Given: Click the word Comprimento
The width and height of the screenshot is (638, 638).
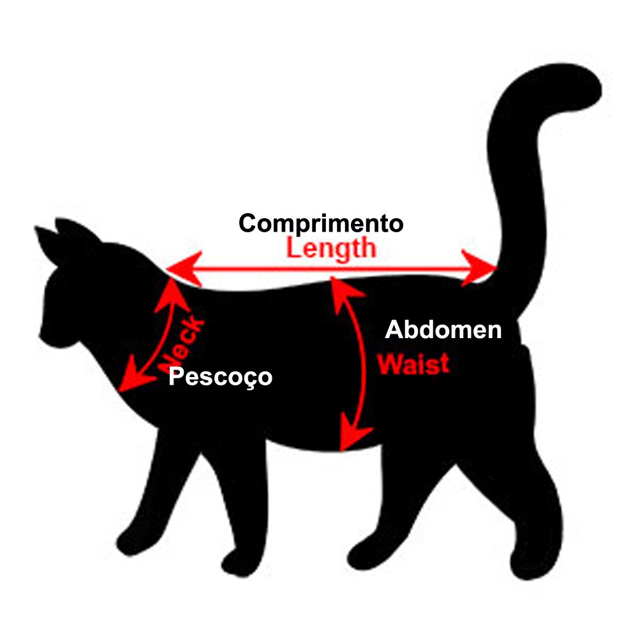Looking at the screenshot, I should (321, 224).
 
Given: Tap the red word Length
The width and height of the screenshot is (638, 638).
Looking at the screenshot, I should (330, 248).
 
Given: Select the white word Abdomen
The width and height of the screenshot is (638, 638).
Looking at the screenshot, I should (443, 330).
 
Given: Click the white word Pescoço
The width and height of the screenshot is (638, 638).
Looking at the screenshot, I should (220, 376).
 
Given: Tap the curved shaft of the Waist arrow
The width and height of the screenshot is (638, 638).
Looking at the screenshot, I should (364, 364).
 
